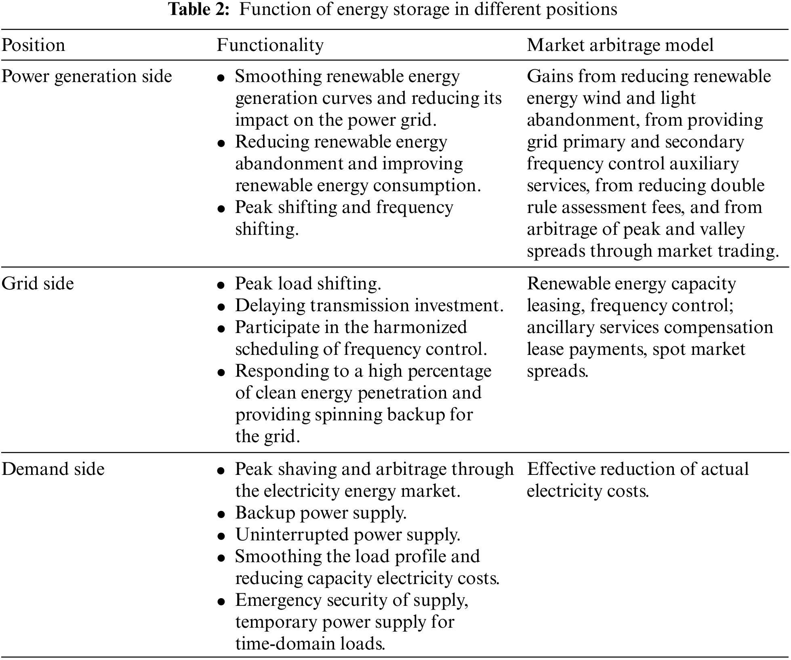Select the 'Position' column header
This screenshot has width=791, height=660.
click(x=33, y=45)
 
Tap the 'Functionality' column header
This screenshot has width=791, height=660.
click(x=270, y=45)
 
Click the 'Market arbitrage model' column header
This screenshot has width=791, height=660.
click(x=620, y=45)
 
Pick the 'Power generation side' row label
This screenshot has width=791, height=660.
click(x=87, y=76)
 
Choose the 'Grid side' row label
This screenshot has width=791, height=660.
click(x=38, y=283)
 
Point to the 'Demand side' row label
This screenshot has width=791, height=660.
click(x=53, y=469)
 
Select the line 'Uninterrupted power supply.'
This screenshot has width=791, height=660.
click(x=348, y=535)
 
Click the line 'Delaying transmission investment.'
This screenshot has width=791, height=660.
click(x=369, y=306)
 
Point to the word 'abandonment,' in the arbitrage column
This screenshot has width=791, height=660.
click(x=582, y=120)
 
